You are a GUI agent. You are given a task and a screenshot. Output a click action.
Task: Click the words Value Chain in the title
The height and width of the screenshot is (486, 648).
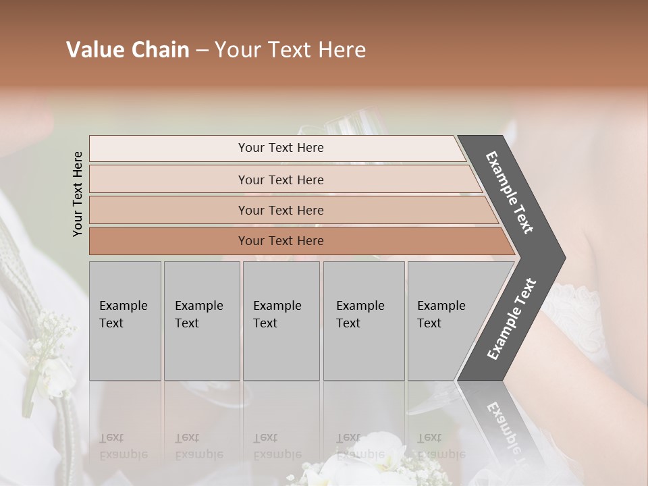[x=128, y=50]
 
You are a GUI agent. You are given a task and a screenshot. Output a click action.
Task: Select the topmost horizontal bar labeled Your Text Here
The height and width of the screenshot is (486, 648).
[x=280, y=148]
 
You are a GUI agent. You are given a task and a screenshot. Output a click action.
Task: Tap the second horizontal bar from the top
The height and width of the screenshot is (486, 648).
[x=280, y=180]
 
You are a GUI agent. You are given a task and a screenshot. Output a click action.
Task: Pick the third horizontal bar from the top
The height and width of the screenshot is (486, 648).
[x=280, y=210]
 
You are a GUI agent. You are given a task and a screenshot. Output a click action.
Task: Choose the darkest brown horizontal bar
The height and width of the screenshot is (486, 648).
[x=280, y=241]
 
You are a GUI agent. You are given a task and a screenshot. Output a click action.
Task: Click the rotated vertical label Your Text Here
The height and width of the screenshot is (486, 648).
[x=78, y=194]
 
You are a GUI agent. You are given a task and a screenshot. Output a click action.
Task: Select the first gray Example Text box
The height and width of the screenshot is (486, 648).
[x=125, y=321]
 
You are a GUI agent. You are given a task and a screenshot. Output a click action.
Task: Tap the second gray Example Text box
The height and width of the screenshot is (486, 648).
[x=202, y=321]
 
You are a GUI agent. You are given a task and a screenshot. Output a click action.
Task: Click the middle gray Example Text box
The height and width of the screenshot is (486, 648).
[x=281, y=321]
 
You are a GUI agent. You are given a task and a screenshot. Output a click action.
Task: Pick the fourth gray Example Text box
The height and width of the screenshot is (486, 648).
[x=364, y=321]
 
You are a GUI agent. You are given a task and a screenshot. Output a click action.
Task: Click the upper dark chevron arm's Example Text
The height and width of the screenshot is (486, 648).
[x=510, y=192]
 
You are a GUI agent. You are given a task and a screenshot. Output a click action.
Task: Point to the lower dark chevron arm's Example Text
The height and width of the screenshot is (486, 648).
[x=512, y=319]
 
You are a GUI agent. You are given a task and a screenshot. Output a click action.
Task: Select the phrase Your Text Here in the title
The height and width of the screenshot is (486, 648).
[x=290, y=50]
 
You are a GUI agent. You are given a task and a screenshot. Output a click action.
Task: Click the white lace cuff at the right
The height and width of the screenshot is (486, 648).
[x=574, y=307]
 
